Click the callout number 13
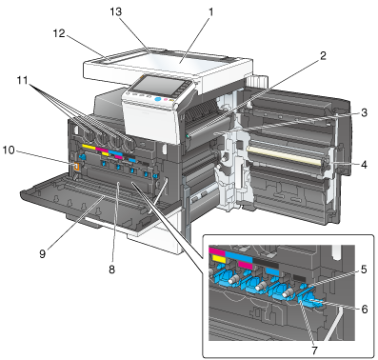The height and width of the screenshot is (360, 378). [116, 12]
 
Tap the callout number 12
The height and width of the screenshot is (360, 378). [59, 33]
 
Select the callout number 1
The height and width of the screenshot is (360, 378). [210, 12]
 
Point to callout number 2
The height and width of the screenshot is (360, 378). [323, 56]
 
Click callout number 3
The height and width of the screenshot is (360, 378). [364, 112]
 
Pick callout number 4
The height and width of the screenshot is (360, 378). [364, 165]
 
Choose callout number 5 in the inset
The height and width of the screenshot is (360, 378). [364, 270]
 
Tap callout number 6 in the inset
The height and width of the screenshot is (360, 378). [365, 309]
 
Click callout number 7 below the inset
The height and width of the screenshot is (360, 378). [314, 350]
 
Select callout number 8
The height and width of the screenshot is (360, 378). [111, 270]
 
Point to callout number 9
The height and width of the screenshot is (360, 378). [43, 253]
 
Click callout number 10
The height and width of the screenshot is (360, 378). [9, 150]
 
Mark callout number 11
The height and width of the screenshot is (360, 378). [22, 80]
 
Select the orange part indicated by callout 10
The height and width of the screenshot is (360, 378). [76, 167]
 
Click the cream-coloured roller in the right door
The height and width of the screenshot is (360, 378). [285, 154]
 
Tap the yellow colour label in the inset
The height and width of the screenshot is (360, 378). [217, 259]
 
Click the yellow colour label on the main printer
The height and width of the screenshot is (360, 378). [89, 147]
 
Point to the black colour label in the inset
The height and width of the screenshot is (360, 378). [266, 265]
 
